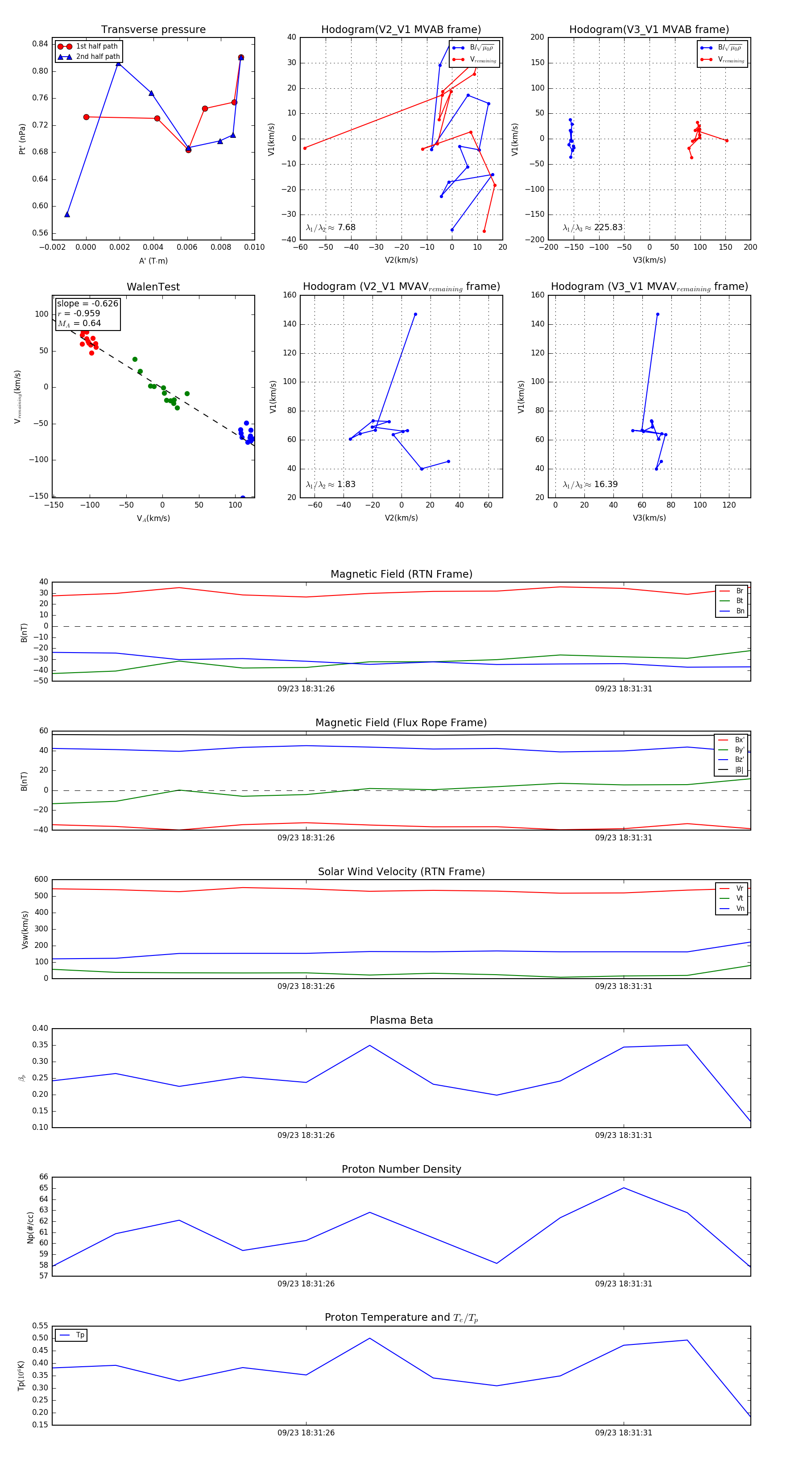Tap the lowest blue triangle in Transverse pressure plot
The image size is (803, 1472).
[x=67, y=214]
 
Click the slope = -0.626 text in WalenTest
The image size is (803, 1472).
[x=87, y=303]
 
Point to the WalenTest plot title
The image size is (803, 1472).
[x=153, y=287]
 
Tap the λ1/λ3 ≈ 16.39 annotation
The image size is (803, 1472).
[x=590, y=484]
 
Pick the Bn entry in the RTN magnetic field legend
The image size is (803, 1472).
[x=740, y=611]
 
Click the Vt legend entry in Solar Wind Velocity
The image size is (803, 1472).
[x=740, y=898]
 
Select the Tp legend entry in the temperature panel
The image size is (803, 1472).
[x=80, y=1336]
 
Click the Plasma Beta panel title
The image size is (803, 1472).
[x=401, y=1021]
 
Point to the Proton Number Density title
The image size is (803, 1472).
[x=401, y=1169]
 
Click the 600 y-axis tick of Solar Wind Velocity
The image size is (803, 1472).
[x=41, y=880]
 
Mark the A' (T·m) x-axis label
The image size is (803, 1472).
[x=153, y=260]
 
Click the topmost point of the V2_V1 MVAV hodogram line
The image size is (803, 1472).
[x=415, y=314]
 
